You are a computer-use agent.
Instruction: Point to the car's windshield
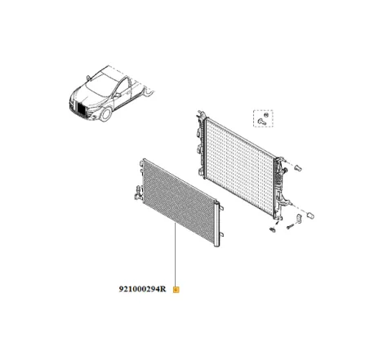(96, 80)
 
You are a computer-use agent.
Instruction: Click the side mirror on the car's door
(117, 92)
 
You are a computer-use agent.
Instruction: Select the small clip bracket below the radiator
(270, 231)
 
